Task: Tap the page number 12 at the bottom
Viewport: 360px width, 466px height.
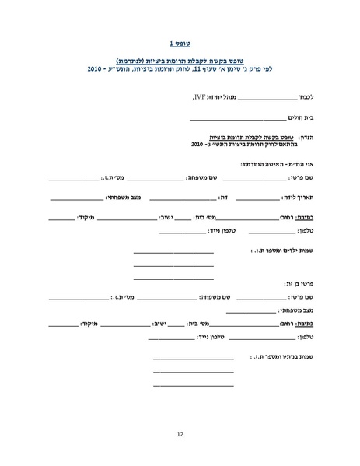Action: click(x=180, y=434)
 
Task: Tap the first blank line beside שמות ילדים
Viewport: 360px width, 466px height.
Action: click(x=173, y=252)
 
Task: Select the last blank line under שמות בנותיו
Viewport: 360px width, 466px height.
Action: click(x=194, y=385)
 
